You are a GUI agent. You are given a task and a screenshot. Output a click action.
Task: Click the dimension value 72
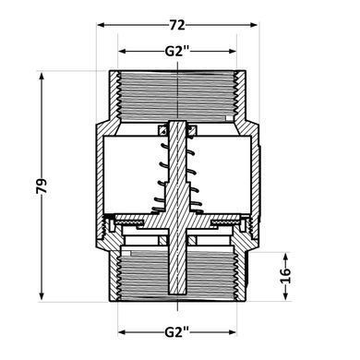177,25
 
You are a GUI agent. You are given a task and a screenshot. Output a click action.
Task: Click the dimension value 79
42,186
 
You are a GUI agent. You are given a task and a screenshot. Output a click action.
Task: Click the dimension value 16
286,276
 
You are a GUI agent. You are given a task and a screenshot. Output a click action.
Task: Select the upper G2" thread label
177,51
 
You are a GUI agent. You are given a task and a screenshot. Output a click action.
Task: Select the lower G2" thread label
177,332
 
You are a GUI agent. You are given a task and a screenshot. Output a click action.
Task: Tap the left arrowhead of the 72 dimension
100,25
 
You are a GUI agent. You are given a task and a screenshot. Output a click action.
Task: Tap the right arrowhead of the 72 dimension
253,25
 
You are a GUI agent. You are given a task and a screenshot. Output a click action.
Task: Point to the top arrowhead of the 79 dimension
42,76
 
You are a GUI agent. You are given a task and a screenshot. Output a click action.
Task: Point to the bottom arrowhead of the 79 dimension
42,296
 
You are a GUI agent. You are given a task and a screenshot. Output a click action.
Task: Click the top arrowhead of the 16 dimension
286,257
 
